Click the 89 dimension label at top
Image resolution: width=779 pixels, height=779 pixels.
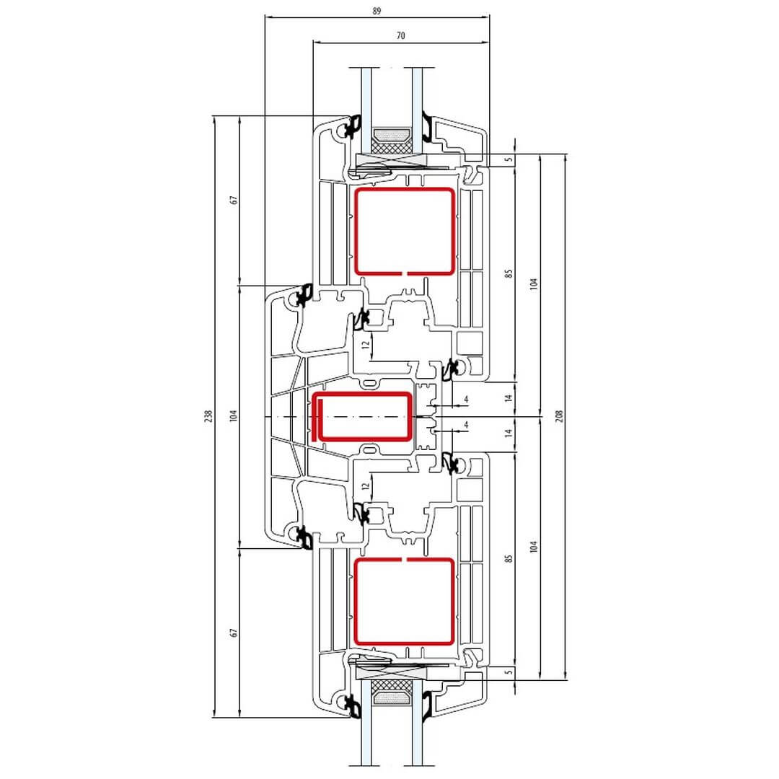[377, 11]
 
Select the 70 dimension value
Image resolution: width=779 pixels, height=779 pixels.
[401, 36]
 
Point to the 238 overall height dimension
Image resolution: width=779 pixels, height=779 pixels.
[208, 416]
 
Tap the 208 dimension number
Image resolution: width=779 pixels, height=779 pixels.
[560, 416]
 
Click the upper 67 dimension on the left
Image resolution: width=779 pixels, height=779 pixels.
[234, 200]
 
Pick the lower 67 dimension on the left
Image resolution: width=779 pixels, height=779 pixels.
[234, 633]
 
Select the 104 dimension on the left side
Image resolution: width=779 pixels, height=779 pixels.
[234, 416]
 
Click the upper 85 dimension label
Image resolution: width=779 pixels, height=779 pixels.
[509, 274]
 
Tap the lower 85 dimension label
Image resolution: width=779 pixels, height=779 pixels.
[509, 558]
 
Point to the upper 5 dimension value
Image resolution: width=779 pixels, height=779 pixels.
[509, 160]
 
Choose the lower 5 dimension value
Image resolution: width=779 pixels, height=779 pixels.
[509, 672]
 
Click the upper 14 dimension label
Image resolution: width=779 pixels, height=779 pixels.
[509, 398]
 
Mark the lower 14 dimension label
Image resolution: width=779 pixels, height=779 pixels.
[509, 433]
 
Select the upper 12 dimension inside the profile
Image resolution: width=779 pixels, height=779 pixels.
[366, 344]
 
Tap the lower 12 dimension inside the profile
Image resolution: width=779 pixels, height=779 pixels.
[366, 486]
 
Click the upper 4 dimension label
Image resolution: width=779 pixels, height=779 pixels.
[466, 399]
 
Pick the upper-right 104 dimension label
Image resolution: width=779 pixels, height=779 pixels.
[534, 283]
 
